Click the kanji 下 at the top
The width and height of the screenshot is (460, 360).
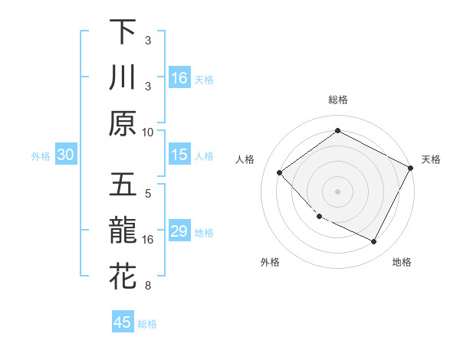[x=123, y=33]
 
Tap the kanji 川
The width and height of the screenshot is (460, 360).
[x=123, y=78]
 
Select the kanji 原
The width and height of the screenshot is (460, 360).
[x=123, y=123]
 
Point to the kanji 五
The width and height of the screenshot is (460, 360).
[x=123, y=186]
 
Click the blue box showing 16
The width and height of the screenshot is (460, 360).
[x=179, y=78]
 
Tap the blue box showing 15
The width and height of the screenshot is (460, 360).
[x=179, y=155]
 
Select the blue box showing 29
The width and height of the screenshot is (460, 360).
[x=179, y=232]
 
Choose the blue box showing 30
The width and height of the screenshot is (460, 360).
[x=65, y=155]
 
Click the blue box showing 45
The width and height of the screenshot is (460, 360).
[x=123, y=322]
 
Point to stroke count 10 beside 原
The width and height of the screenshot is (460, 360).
[x=148, y=132]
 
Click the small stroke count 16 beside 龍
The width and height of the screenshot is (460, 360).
[x=148, y=240]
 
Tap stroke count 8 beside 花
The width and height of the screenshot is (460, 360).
[x=148, y=286]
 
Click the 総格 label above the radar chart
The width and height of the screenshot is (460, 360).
[x=337, y=100]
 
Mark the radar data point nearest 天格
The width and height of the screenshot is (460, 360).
[x=412, y=169]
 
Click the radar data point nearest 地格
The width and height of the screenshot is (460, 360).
[x=374, y=242]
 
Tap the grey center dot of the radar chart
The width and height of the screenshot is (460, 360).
[x=337, y=191]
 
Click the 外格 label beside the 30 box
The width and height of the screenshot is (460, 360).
[x=41, y=156]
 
